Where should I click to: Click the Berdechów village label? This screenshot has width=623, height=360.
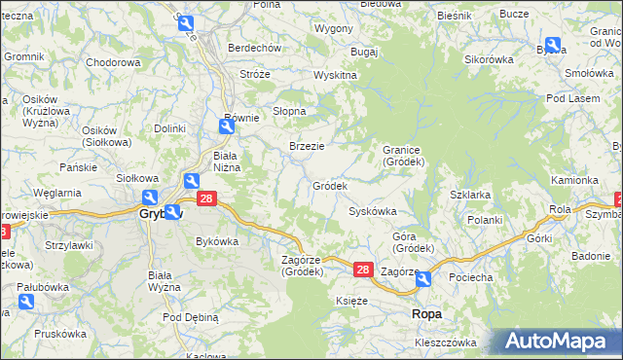point(254,48)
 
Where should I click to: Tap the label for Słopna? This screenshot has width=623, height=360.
point(289,111)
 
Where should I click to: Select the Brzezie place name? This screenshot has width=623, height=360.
point(307,146)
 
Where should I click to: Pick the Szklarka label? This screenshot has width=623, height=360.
point(470,195)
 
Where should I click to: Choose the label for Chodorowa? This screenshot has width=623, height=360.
point(114,62)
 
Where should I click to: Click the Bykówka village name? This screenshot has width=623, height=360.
point(217,240)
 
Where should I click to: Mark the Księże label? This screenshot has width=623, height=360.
point(351,302)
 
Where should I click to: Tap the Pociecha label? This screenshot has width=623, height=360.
point(470,277)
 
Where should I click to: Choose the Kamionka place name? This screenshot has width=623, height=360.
point(574,180)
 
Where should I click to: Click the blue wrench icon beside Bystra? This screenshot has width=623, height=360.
point(554,45)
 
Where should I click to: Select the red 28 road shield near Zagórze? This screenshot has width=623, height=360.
point(362,269)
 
